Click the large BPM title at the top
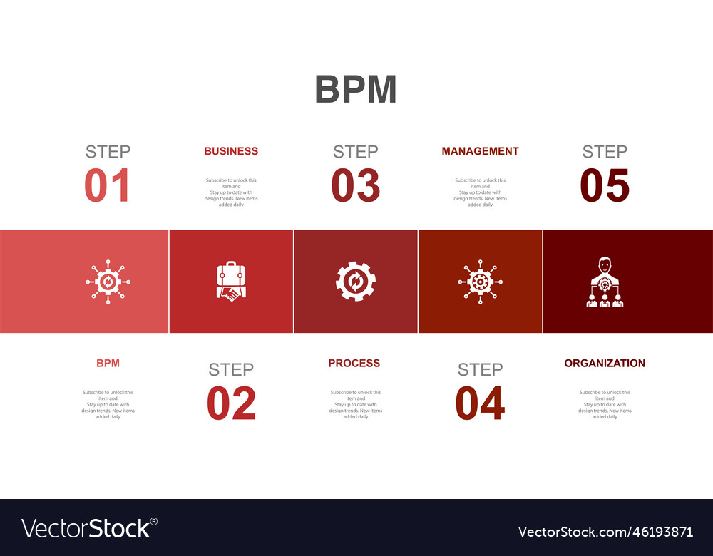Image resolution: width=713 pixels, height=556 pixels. point(356,90)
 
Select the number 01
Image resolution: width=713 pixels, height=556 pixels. point(108,185)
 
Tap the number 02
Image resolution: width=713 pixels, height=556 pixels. point(231,403)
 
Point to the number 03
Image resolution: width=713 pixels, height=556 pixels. point(356,185)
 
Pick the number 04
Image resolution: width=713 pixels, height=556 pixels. point(480,403)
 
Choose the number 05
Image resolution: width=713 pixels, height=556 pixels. point(605,185)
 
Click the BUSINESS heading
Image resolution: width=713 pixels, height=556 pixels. point(231,151)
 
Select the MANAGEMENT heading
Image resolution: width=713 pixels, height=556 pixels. point(480,151)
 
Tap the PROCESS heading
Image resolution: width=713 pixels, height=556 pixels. point(354,363)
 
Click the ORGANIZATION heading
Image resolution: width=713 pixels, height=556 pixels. point(605,363)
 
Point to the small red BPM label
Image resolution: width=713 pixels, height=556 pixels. point(108,363)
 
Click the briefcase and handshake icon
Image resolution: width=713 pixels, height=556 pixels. point(231,282)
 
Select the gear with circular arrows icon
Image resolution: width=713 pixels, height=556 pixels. point(356,282)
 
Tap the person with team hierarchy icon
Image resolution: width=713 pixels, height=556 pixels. point(605,282)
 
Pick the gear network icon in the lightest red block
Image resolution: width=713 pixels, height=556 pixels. point(108,282)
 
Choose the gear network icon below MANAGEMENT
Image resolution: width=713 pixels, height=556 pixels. point(480,282)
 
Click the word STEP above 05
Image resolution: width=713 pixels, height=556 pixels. point(605,151)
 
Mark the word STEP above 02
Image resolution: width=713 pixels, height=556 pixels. point(231,369)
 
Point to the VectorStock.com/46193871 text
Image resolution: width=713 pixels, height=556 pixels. point(605,532)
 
